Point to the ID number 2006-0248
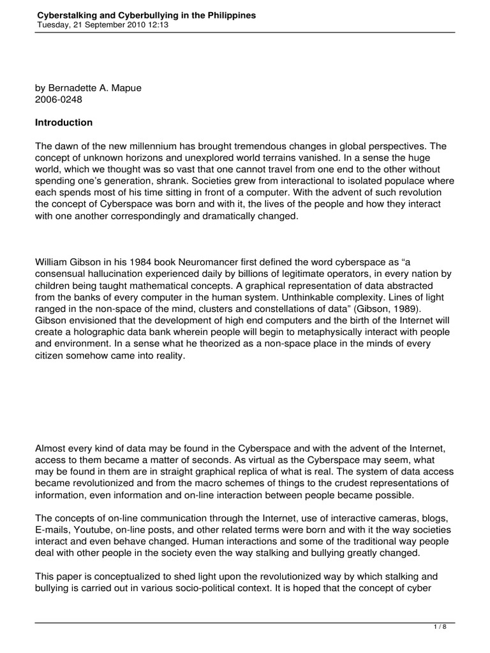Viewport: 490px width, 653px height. coord(58,99)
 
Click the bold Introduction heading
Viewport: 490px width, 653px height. coord(64,122)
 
